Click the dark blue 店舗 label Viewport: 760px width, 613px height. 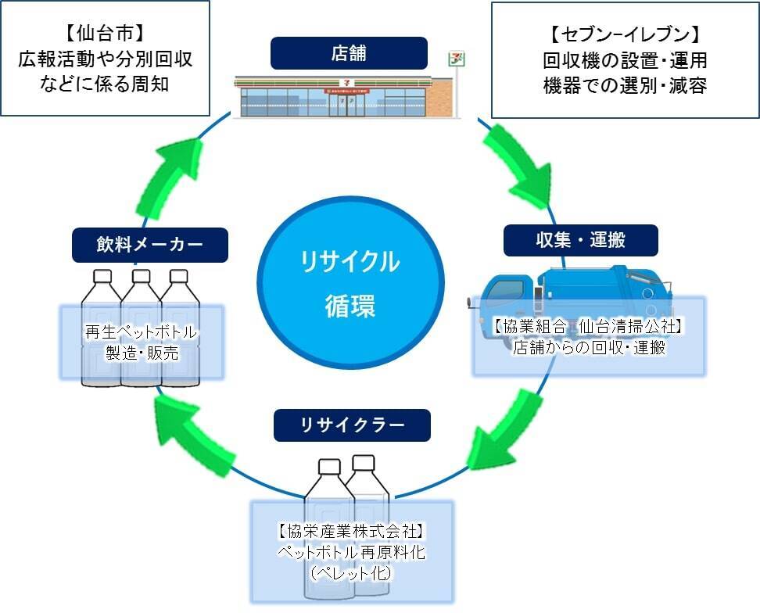[349, 53]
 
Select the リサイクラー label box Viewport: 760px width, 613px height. [352, 425]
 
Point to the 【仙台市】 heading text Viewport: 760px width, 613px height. [105, 34]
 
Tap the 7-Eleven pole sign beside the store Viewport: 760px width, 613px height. [453, 59]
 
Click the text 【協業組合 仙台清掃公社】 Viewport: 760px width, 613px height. [588, 327]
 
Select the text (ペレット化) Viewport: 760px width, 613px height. [351, 573]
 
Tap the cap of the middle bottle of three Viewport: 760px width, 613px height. [141, 276]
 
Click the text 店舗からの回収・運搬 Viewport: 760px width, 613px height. [589, 348]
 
